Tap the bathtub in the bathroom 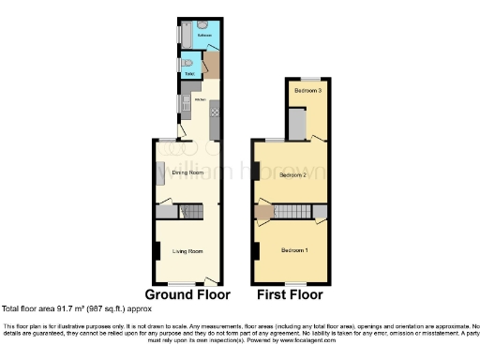(185, 36)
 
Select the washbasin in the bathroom (205, 24)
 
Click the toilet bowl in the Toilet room (187, 64)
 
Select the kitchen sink (186, 103)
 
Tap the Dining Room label (188, 172)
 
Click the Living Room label (187, 251)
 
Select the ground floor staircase (192, 212)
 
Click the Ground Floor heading (187, 293)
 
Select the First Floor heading (290, 293)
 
